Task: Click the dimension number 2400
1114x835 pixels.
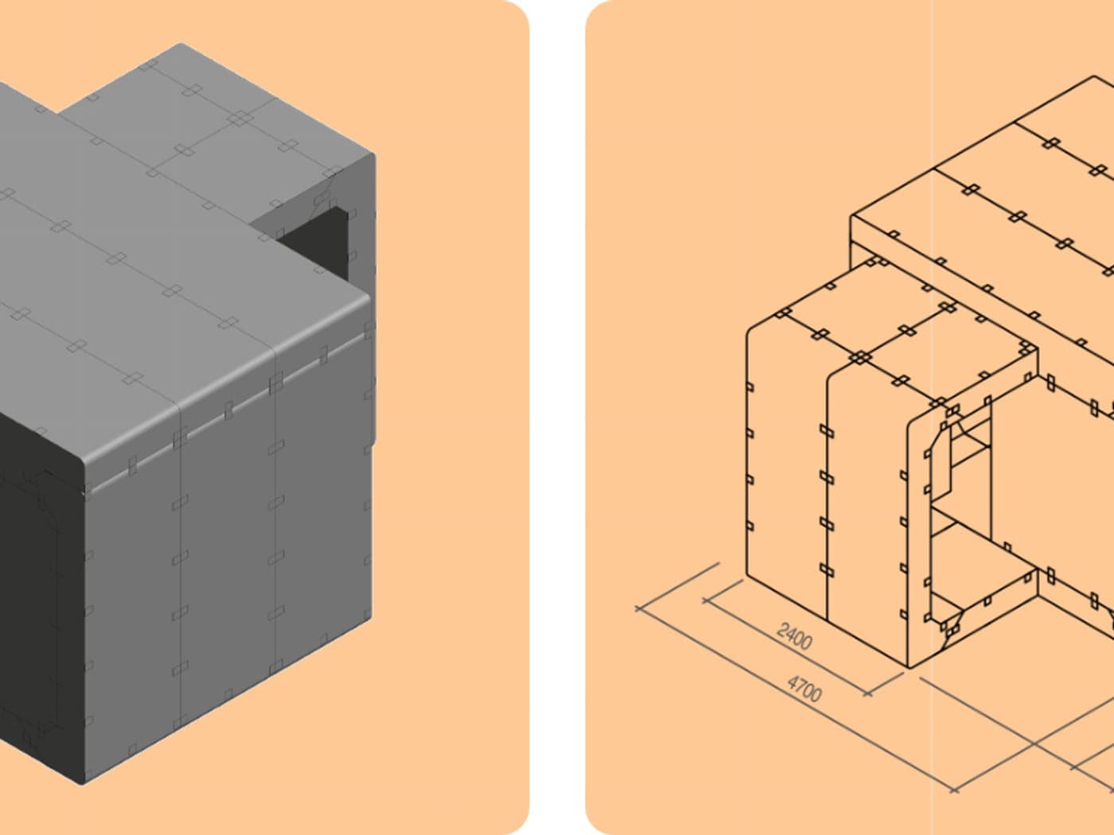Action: [795, 637]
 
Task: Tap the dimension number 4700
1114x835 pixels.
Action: [804, 689]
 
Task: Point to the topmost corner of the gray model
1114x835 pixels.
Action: [181, 44]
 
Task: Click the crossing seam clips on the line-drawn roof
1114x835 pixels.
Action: [859, 357]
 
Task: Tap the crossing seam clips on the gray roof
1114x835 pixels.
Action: [240, 119]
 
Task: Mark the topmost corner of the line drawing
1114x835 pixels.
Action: [1095, 76]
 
